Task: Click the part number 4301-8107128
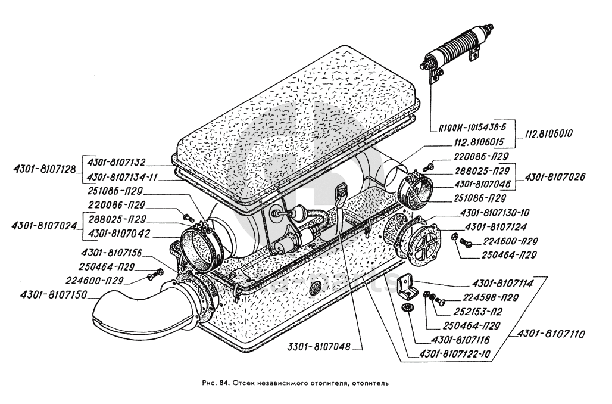[x=42, y=170]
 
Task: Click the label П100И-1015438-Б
[x=471, y=128]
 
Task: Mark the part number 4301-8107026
[x=555, y=176]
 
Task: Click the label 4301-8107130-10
[x=495, y=213]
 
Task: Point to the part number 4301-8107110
[x=551, y=334]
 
